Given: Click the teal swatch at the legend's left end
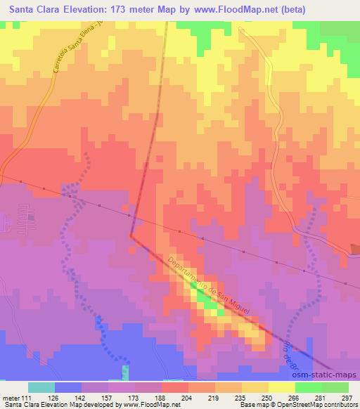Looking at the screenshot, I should coord(41,388).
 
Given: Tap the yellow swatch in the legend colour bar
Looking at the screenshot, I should coord(281,388).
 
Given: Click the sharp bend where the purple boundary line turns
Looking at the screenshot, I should coord(131,236).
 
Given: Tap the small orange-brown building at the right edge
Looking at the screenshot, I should coord(356,249).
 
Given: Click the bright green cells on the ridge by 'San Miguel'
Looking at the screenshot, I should coord(205,301).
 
